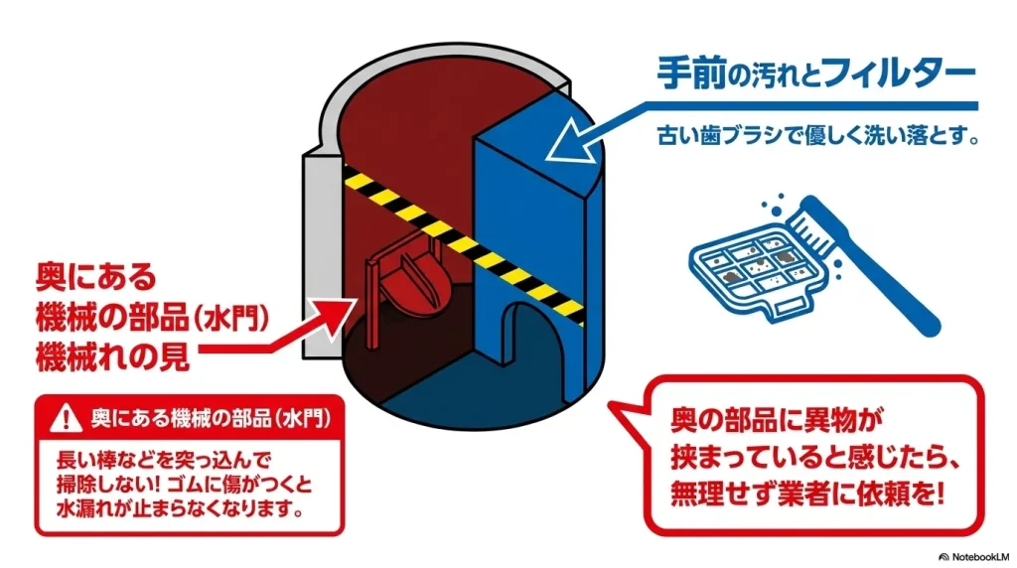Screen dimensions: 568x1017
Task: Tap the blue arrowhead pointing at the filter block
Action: pos(562,150)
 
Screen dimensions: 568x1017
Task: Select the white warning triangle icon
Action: pos(66,414)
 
